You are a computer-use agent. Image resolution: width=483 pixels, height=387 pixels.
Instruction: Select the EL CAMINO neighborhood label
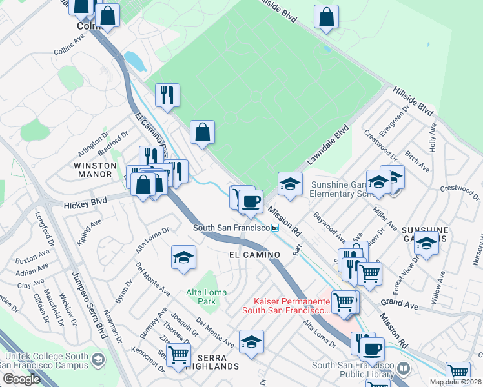(x=254, y=255)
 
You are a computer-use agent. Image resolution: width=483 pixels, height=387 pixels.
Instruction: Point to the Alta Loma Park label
(x=207, y=297)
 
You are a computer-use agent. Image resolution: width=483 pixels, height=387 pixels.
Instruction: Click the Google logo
(x=21, y=379)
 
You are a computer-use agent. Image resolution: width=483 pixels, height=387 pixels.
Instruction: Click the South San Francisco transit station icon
(x=275, y=228)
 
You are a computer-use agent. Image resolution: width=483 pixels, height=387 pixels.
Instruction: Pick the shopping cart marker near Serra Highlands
(x=178, y=353)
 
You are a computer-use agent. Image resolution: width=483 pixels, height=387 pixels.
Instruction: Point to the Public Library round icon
(x=404, y=369)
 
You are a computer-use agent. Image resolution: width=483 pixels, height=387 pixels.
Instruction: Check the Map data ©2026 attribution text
(x=455, y=382)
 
